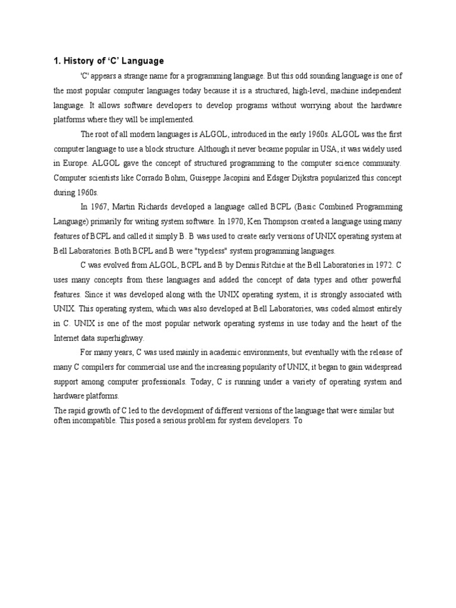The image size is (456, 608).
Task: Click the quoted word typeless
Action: click(207, 250)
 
